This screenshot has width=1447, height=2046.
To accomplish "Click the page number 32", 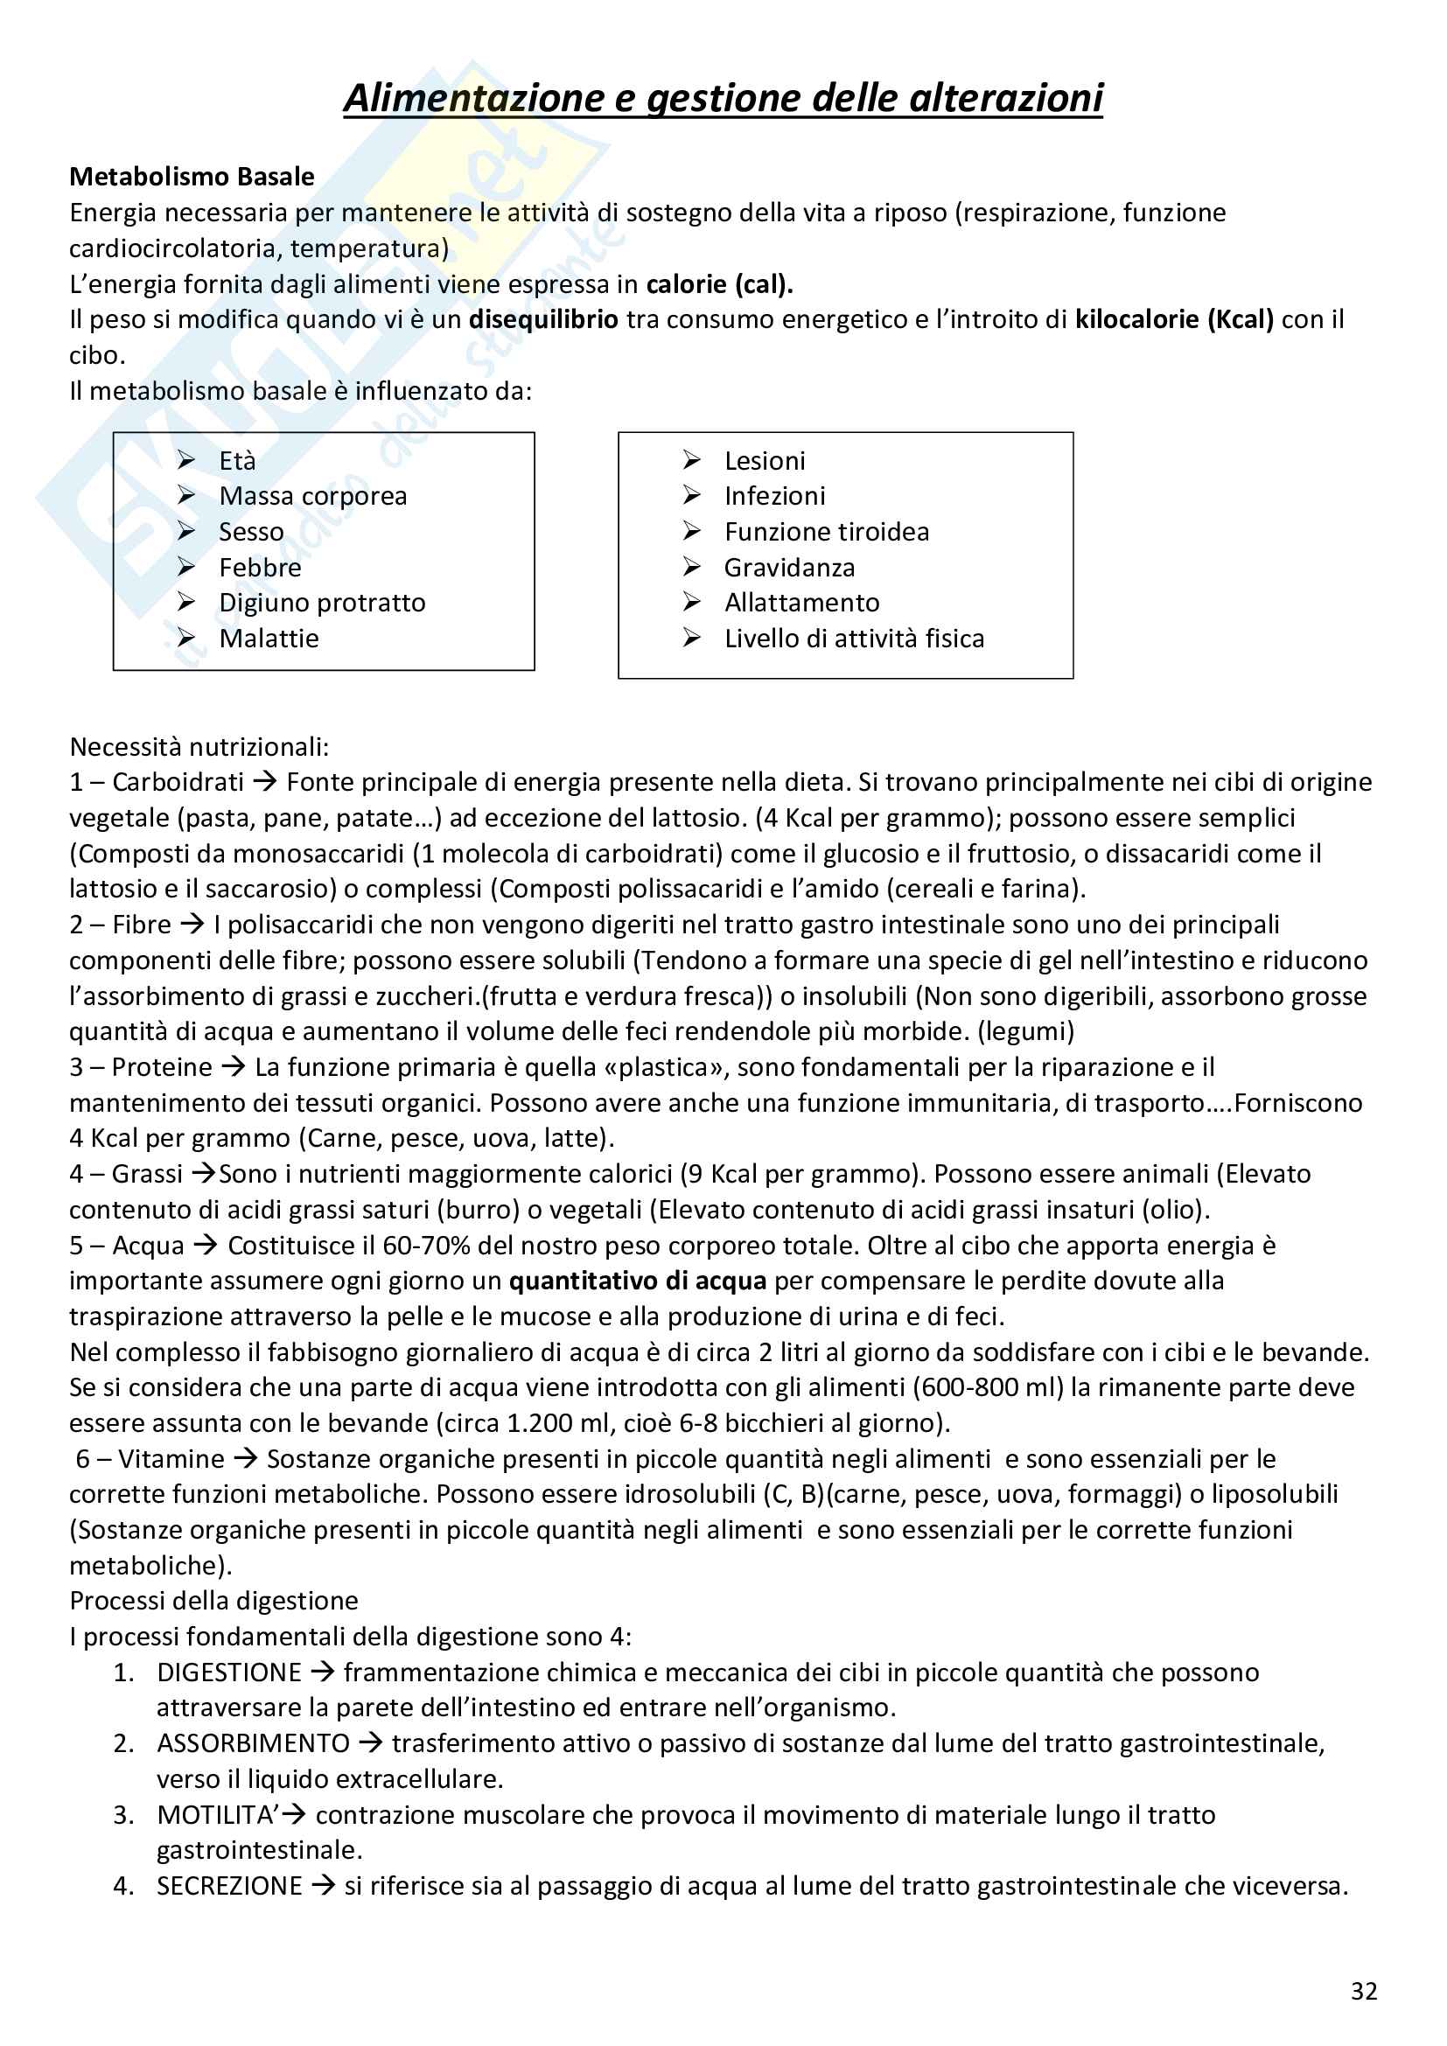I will [x=1363, y=1991].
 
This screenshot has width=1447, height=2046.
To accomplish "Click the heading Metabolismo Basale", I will [x=192, y=177].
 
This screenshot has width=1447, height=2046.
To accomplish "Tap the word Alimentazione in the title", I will [x=474, y=98].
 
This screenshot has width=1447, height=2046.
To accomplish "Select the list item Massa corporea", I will [x=312, y=495].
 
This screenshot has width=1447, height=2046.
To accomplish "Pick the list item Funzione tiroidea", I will [x=826, y=531].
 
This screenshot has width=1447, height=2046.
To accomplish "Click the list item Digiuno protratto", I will [x=322, y=603].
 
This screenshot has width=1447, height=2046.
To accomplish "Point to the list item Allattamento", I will [x=801, y=603].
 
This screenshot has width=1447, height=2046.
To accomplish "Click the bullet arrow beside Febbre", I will [x=186, y=567].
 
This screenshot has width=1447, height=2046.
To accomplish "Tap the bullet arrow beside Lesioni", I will [x=691, y=460].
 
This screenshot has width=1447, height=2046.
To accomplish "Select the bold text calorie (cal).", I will [x=719, y=284].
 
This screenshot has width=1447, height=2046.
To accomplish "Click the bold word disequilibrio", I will [x=542, y=319].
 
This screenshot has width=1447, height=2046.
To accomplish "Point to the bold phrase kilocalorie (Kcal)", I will [x=1173, y=319].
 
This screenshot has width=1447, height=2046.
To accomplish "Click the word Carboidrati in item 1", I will [x=178, y=781].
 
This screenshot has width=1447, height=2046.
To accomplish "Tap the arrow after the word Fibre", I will [x=192, y=924].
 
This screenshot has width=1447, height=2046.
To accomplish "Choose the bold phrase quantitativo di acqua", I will [x=637, y=1281].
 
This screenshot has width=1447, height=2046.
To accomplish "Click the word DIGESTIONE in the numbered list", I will [x=229, y=1672].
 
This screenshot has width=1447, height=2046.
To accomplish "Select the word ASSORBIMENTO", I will [x=253, y=1744].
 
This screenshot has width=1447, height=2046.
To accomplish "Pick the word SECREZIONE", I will [x=230, y=1887].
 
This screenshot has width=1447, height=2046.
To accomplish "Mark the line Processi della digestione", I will [x=213, y=1602].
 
